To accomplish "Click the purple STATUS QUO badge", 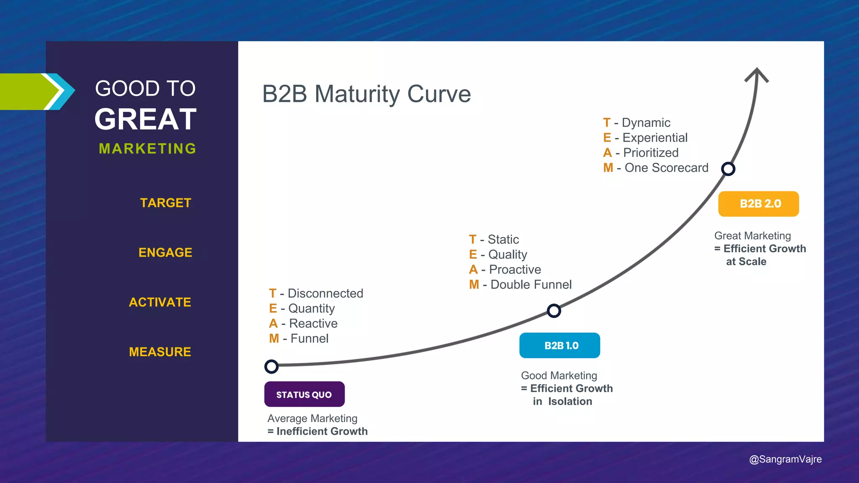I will pyautogui.click(x=304, y=394).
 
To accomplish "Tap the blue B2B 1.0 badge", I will pyautogui.click(x=560, y=345).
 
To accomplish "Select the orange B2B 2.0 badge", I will pyautogui.click(x=758, y=204).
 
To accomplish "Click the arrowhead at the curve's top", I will pyautogui.click(x=757, y=75).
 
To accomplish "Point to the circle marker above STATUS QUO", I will pyautogui.click(x=271, y=366).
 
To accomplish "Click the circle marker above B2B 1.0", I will pyautogui.click(x=554, y=311).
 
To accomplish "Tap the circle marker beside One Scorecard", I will pyautogui.click(x=728, y=169).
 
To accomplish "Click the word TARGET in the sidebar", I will pyautogui.click(x=166, y=203).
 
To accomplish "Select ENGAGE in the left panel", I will pyautogui.click(x=165, y=252).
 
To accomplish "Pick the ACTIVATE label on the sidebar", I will pyautogui.click(x=160, y=302).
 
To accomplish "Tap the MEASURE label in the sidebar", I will pyautogui.click(x=160, y=352).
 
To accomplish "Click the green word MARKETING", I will pyautogui.click(x=148, y=148).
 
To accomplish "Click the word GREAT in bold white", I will pyautogui.click(x=146, y=119).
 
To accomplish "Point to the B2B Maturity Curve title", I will pyautogui.click(x=366, y=94).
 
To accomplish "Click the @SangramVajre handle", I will pyautogui.click(x=785, y=459).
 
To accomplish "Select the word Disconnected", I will pyautogui.click(x=325, y=293).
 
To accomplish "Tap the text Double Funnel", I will pyautogui.click(x=531, y=285).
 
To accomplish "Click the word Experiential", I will pyautogui.click(x=655, y=138).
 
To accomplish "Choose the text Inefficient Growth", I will pyautogui.click(x=322, y=431).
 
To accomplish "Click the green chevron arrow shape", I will pyautogui.click(x=27, y=91).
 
